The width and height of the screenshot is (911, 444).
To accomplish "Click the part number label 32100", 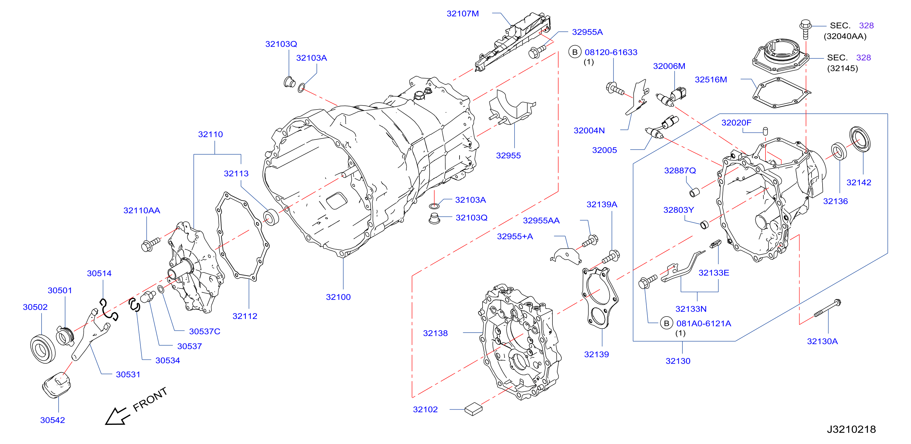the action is click(338, 297).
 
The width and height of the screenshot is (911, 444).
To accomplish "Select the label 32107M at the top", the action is click(463, 13).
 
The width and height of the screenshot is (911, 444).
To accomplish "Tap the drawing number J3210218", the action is click(851, 429).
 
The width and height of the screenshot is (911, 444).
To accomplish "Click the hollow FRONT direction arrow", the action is click(117, 416).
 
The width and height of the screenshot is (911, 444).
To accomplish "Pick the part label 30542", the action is click(53, 420).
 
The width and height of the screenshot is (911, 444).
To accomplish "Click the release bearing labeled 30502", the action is click(43, 349).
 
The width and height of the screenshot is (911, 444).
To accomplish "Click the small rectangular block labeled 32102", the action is click(473, 409).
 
